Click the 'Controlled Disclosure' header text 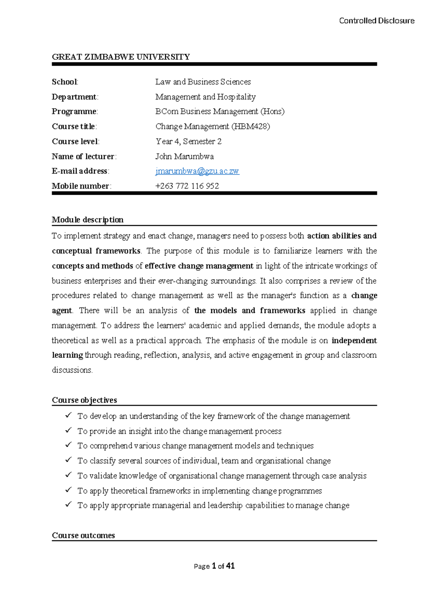coord(376,21)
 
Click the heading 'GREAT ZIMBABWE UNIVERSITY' coord(121,57)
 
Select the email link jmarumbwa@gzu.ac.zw coord(197,171)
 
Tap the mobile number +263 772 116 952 coord(187,186)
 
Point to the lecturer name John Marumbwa coord(184,157)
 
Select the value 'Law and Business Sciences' coord(203,82)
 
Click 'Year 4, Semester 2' coord(188,141)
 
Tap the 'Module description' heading coord(88,220)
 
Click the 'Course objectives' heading coord(84,400)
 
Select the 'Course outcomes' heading coord(83,535)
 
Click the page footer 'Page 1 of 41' coord(214,566)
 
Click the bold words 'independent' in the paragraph coord(354,341)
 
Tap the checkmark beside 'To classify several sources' coord(68,460)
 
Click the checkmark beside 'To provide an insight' coord(68,431)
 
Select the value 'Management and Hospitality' coord(205,97)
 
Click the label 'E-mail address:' coord(80,171)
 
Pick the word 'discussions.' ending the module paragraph coord(72,370)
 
